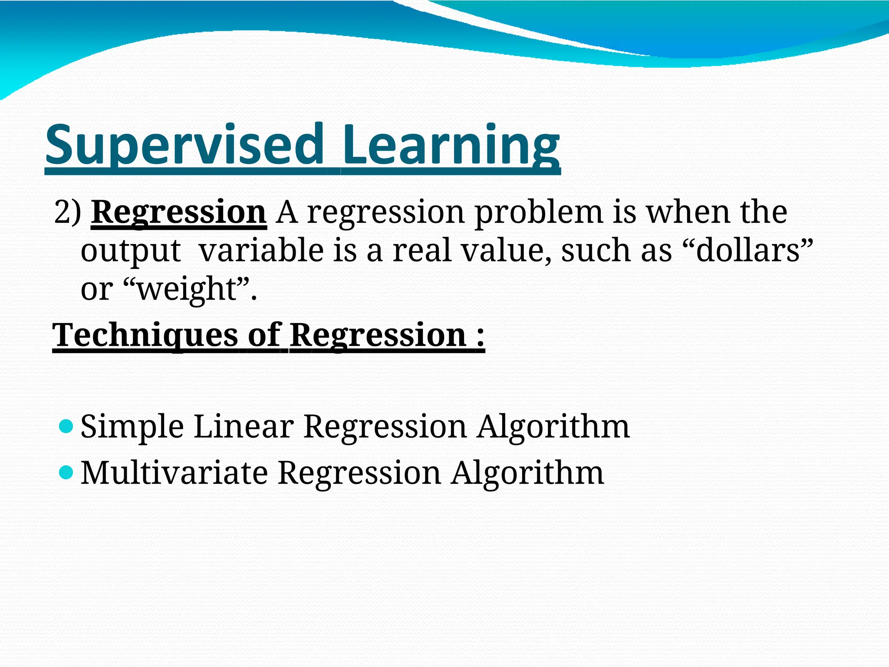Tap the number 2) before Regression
pos(68,212)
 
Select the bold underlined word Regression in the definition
pos(178,212)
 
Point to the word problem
pos(538,212)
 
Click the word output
pos(131,251)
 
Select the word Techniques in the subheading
pos(145,335)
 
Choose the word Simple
pos(132,427)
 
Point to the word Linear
pos(244,426)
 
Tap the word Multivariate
pos(174,472)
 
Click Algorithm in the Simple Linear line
pos(553,427)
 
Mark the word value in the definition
pos(506,251)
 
